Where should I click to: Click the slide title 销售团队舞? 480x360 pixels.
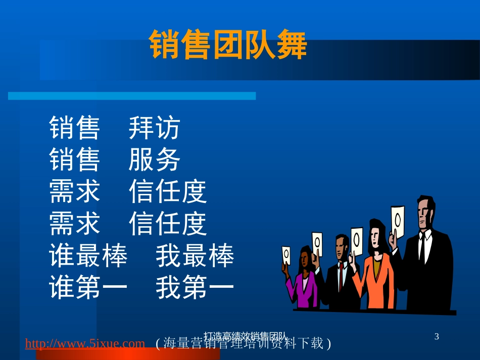[x=228, y=45]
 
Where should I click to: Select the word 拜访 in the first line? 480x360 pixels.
[x=154, y=128]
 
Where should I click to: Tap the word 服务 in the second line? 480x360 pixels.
[x=154, y=160]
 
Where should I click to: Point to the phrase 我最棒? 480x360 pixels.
[x=195, y=256]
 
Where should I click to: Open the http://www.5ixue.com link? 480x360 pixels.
[x=85, y=344]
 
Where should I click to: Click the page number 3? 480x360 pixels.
[x=437, y=336]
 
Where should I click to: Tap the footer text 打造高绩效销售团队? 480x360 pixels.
[x=246, y=335]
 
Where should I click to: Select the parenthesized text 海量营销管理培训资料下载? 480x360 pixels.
[x=244, y=344]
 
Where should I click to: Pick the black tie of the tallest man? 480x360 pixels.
[x=421, y=247]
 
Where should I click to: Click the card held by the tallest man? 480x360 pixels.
[x=398, y=222]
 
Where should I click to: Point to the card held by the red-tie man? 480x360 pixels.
[x=317, y=244]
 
